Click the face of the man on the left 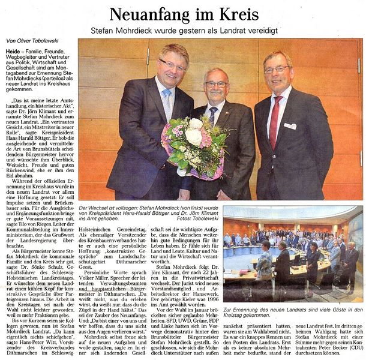click(x=173, y=67)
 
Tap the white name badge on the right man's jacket click(x=290, y=127)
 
